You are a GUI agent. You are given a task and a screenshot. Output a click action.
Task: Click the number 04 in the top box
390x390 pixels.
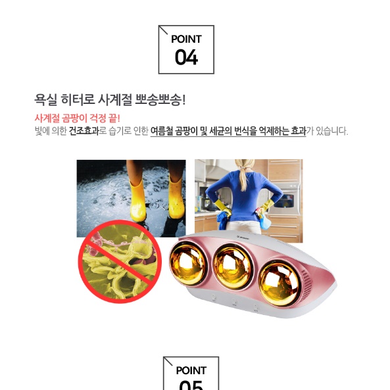click(186, 58)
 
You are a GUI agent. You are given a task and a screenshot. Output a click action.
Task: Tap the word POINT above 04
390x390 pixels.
click(186, 39)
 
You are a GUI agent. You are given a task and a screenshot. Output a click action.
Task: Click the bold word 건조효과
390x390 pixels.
click(84, 131)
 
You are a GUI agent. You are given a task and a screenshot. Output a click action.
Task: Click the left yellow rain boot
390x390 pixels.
click(137, 200)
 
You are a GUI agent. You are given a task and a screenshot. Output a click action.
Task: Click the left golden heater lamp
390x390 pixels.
click(191, 260)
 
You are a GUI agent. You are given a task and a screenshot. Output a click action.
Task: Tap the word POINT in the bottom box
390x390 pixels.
click(191, 370)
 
